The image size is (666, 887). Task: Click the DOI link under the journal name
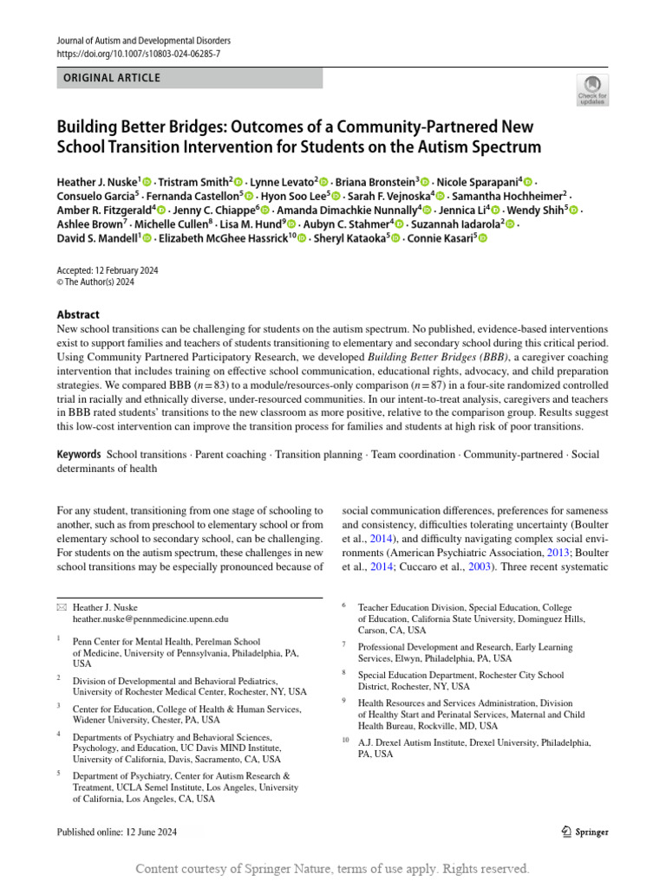(138, 54)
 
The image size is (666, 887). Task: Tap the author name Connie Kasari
(441, 238)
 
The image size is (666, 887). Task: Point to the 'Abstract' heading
(78, 314)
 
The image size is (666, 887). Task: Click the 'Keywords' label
(78, 455)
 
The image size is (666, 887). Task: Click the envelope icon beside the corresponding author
(60, 608)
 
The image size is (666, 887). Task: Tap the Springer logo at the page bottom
(581, 832)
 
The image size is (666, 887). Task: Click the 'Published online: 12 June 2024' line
(116, 832)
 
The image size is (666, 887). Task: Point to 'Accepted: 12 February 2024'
(108, 270)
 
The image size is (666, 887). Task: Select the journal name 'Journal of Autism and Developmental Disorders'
(144, 41)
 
